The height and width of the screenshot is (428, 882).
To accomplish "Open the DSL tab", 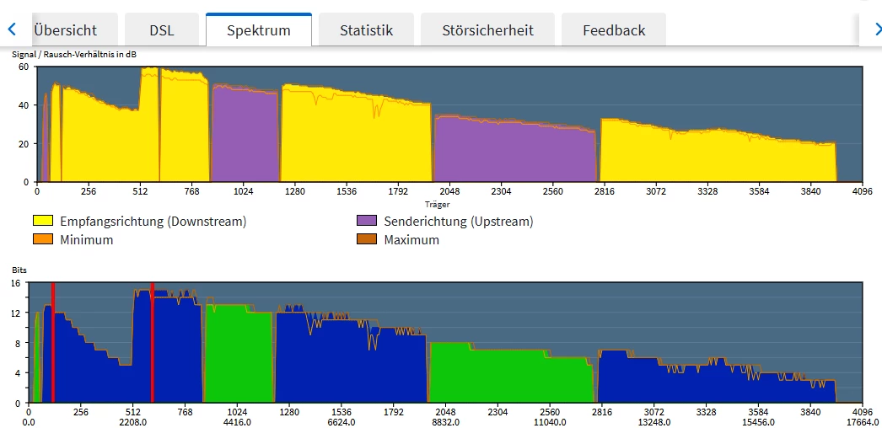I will tap(162, 30).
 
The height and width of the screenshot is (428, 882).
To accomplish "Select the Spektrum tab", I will tap(259, 30).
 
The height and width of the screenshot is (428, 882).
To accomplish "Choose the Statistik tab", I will tap(366, 30).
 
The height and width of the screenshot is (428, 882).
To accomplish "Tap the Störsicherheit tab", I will tap(487, 30).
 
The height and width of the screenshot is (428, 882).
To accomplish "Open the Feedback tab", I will tap(614, 30).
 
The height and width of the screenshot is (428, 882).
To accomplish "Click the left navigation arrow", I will tap(12, 29).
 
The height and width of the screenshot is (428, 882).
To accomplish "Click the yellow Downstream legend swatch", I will tap(42, 222).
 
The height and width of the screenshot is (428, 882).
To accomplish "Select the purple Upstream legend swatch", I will tap(367, 222).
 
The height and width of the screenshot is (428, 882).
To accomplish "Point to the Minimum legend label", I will tap(87, 239).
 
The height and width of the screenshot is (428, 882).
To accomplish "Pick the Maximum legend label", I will tap(411, 239).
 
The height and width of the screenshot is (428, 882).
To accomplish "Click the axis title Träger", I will tap(438, 204).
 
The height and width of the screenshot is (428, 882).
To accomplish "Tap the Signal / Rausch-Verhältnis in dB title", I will tap(74, 55).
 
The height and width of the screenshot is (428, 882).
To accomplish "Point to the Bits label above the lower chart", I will tap(19, 270).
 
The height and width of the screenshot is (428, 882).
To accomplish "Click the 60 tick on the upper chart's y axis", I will tap(24, 67).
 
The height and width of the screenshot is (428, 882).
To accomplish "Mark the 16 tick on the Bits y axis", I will tap(15, 283).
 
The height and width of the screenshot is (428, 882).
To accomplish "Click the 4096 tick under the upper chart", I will tap(862, 191).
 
